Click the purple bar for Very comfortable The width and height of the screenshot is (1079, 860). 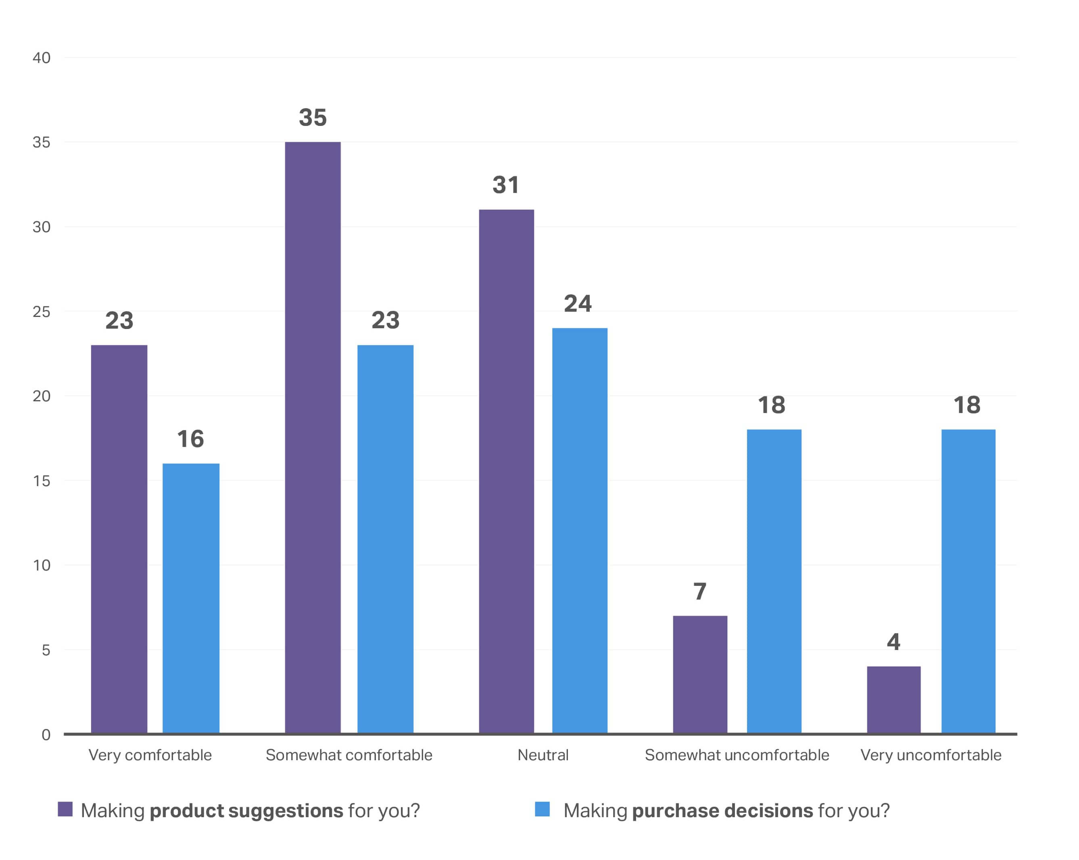[x=119, y=539]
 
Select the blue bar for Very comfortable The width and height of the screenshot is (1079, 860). [x=191, y=598]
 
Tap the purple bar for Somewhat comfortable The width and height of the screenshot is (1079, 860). [x=313, y=437]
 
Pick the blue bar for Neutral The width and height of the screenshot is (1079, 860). [x=580, y=531]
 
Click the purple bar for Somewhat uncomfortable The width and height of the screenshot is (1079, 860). [x=700, y=674]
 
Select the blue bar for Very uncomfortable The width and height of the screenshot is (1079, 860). [x=968, y=581]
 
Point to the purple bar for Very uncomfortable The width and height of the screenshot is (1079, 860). [x=893, y=700]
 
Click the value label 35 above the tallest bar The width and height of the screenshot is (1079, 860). [x=313, y=118]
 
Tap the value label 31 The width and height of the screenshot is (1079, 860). [x=505, y=185]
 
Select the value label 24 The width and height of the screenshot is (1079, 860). [x=578, y=304]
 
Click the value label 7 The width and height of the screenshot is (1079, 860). [x=700, y=592]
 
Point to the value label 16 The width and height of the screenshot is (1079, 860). [x=191, y=439]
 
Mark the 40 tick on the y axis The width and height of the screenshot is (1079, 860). [x=42, y=58]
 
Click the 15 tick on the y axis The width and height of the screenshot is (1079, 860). [x=42, y=481]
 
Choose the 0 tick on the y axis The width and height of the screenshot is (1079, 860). [x=46, y=735]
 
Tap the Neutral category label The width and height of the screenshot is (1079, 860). [x=543, y=755]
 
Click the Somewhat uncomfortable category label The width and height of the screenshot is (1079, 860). [x=737, y=755]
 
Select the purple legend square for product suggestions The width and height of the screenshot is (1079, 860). [x=65, y=809]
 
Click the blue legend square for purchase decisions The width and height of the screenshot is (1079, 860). [x=542, y=809]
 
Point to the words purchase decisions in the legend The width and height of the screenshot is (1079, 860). [x=722, y=811]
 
